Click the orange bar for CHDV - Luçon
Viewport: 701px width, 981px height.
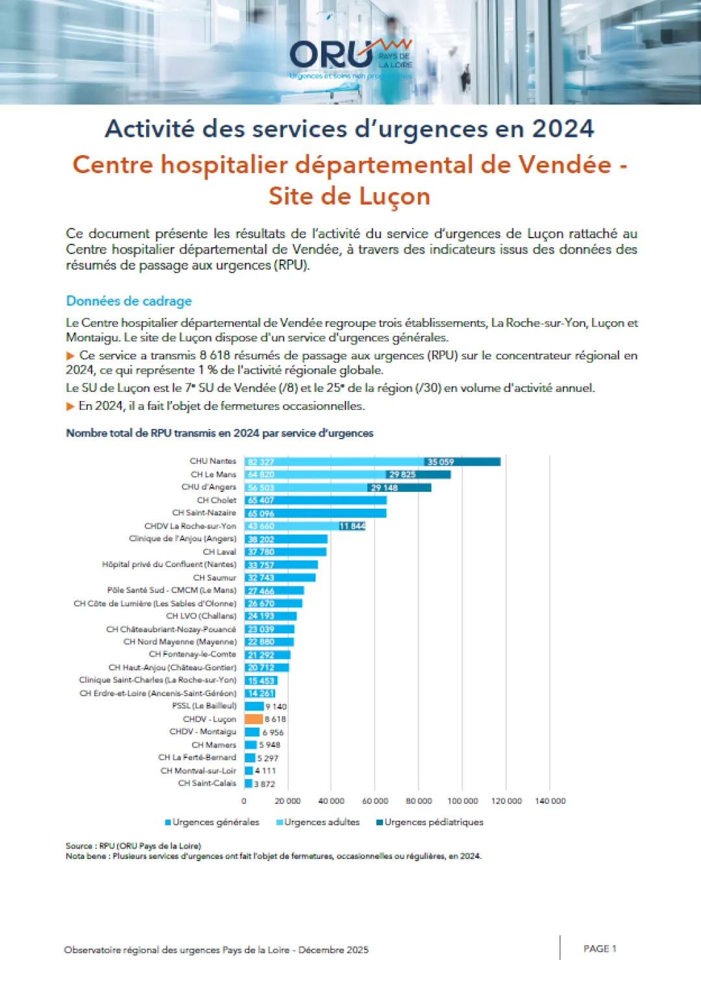pos(253,719)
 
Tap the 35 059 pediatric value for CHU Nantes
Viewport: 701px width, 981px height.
pos(441,462)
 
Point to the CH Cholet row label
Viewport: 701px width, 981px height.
pos(217,500)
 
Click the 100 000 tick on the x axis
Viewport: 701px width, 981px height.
pos(462,801)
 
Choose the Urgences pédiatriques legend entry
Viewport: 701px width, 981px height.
pos(430,822)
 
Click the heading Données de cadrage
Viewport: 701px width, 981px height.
pos(129,301)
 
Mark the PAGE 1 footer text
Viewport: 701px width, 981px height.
pos(600,949)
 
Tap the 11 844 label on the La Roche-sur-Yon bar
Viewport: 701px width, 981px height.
pos(352,526)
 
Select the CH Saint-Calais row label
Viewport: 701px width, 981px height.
pos(207,783)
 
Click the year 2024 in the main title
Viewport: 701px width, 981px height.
pos(563,128)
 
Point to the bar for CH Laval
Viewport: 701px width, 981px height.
pos(286,552)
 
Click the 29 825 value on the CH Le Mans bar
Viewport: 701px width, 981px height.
pos(402,475)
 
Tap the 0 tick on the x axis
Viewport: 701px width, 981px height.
pos(244,801)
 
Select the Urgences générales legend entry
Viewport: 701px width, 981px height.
pos(212,822)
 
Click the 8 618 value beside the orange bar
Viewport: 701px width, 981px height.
pos(275,719)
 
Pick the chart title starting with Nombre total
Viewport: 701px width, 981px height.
pos(219,433)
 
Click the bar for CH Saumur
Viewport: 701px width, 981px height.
pos(280,577)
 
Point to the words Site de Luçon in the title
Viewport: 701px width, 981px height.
pos(349,196)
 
